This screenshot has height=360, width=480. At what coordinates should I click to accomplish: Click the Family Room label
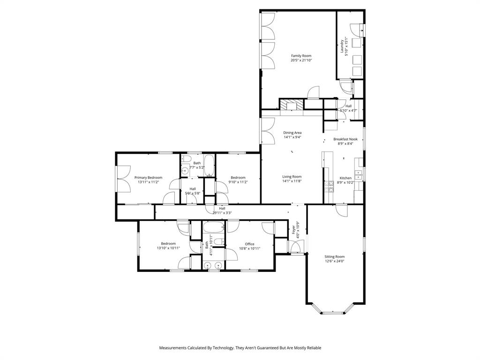[x=301, y=56]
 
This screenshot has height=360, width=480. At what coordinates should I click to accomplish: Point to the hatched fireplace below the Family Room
[x=291, y=105]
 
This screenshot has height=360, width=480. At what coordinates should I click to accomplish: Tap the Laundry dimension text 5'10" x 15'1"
[x=346, y=46]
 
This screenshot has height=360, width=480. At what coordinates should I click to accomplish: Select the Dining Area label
[x=292, y=133]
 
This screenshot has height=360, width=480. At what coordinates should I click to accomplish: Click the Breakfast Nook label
[x=345, y=139]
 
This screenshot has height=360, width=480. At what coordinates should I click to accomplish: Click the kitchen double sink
[x=359, y=175]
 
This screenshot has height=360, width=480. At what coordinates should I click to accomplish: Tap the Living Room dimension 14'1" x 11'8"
[x=292, y=181]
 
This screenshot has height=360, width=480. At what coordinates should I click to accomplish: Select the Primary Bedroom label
[x=148, y=178]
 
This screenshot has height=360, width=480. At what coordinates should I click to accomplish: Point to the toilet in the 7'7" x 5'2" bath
[x=186, y=171]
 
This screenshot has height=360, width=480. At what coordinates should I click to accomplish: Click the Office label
[x=249, y=244]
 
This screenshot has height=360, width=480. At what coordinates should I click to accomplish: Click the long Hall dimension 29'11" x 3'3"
[x=222, y=213]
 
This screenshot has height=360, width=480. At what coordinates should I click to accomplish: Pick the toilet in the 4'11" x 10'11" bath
[x=219, y=242]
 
